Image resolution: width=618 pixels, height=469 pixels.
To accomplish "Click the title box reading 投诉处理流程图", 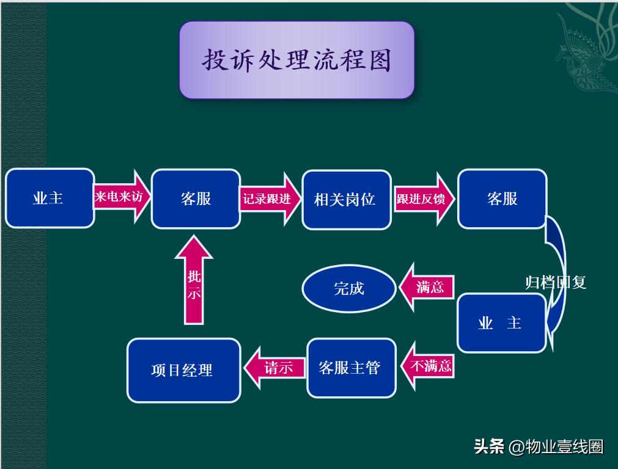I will (296, 60).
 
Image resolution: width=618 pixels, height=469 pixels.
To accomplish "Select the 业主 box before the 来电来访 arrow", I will (50, 198).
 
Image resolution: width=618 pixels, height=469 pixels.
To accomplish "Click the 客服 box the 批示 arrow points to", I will (196, 199).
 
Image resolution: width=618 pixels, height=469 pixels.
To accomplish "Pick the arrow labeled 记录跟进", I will (270, 199).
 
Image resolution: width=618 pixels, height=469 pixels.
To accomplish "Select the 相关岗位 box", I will (346, 200).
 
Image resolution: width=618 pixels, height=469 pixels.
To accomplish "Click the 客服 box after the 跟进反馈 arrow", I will (502, 199).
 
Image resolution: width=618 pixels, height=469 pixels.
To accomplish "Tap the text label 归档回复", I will (556, 282).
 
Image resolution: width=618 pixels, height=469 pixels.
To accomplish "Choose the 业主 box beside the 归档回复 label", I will (501, 323).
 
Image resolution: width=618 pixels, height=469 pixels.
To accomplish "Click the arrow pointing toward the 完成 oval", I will (427, 287).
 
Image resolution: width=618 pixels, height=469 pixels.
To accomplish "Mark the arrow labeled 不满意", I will (428, 366).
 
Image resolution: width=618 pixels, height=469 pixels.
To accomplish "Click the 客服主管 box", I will (351, 368).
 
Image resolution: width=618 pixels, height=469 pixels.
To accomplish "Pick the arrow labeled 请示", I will (275, 368).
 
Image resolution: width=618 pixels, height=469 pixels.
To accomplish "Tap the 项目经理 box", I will (183, 370).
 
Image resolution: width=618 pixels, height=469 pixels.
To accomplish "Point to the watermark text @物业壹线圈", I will (556, 447).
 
